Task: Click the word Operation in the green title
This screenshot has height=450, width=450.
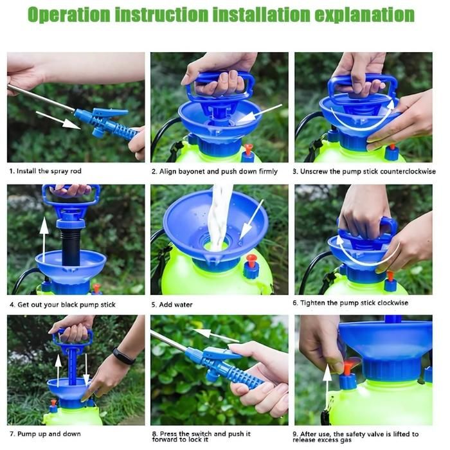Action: click(69, 14)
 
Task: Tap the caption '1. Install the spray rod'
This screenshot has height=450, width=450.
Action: click(46, 172)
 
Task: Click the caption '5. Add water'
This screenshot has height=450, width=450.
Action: click(172, 305)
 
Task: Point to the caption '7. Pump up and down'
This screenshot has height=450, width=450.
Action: click(45, 434)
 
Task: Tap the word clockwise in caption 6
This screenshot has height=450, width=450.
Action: click(393, 303)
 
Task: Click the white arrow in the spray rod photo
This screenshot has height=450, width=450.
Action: click(59, 120)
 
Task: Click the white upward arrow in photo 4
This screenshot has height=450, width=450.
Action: click(44, 240)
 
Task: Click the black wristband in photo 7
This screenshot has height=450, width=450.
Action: click(124, 356)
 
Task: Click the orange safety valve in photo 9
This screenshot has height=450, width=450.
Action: click(348, 368)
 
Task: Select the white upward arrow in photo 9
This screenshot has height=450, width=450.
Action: click(327, 388)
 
